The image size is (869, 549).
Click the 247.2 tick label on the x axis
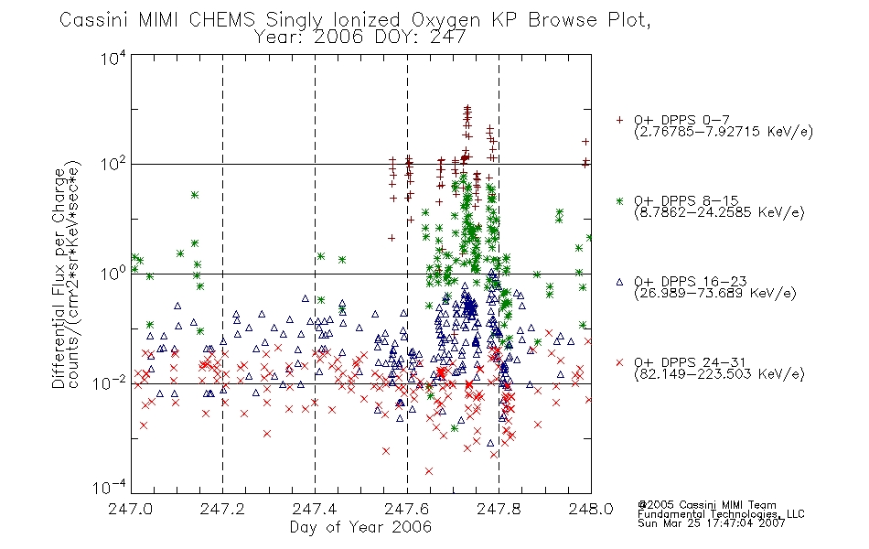coord(222,509)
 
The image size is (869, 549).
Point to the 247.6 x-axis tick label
coord(407,509)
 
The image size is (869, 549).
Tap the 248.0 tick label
coord(591,509)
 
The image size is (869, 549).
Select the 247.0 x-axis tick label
coord(130,509)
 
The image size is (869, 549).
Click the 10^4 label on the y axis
coord(113,58)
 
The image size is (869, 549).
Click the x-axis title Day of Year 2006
coord(360,527)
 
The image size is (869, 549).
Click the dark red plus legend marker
coord(619,120)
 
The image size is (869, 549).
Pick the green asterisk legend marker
coord(619,200)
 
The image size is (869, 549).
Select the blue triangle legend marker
coord(619,282)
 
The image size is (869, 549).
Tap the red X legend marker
coord(619,362)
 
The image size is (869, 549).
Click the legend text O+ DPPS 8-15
coord(686,200)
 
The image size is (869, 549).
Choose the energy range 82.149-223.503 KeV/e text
coord(719,374)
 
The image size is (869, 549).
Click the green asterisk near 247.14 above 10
coord(195,195)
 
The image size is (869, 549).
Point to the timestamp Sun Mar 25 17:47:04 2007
coord(711,523)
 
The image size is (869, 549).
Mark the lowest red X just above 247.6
coord(428,471)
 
